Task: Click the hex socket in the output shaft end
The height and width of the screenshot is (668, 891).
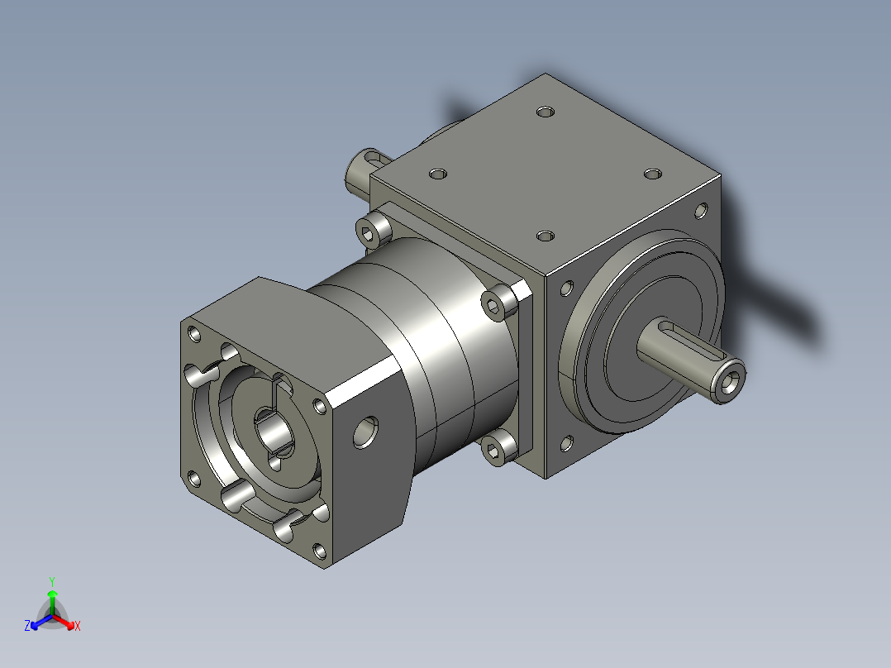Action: (731, 383)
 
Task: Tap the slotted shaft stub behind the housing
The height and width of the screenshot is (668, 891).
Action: (362, 169)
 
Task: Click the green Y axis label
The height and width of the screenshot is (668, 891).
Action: (51, 581)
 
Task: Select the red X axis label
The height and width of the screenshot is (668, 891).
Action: (77, 626)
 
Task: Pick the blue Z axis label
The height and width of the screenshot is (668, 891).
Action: (27, 626)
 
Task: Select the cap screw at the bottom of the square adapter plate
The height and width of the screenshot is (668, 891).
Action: (497, 448)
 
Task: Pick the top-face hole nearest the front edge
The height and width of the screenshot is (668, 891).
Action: (545, 236)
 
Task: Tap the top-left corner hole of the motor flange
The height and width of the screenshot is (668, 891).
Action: (195, 334)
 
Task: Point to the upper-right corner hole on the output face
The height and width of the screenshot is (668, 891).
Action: (703, 211)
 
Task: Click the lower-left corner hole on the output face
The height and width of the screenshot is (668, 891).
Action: (566, 444)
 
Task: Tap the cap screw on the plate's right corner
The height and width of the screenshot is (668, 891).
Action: (496, 305)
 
